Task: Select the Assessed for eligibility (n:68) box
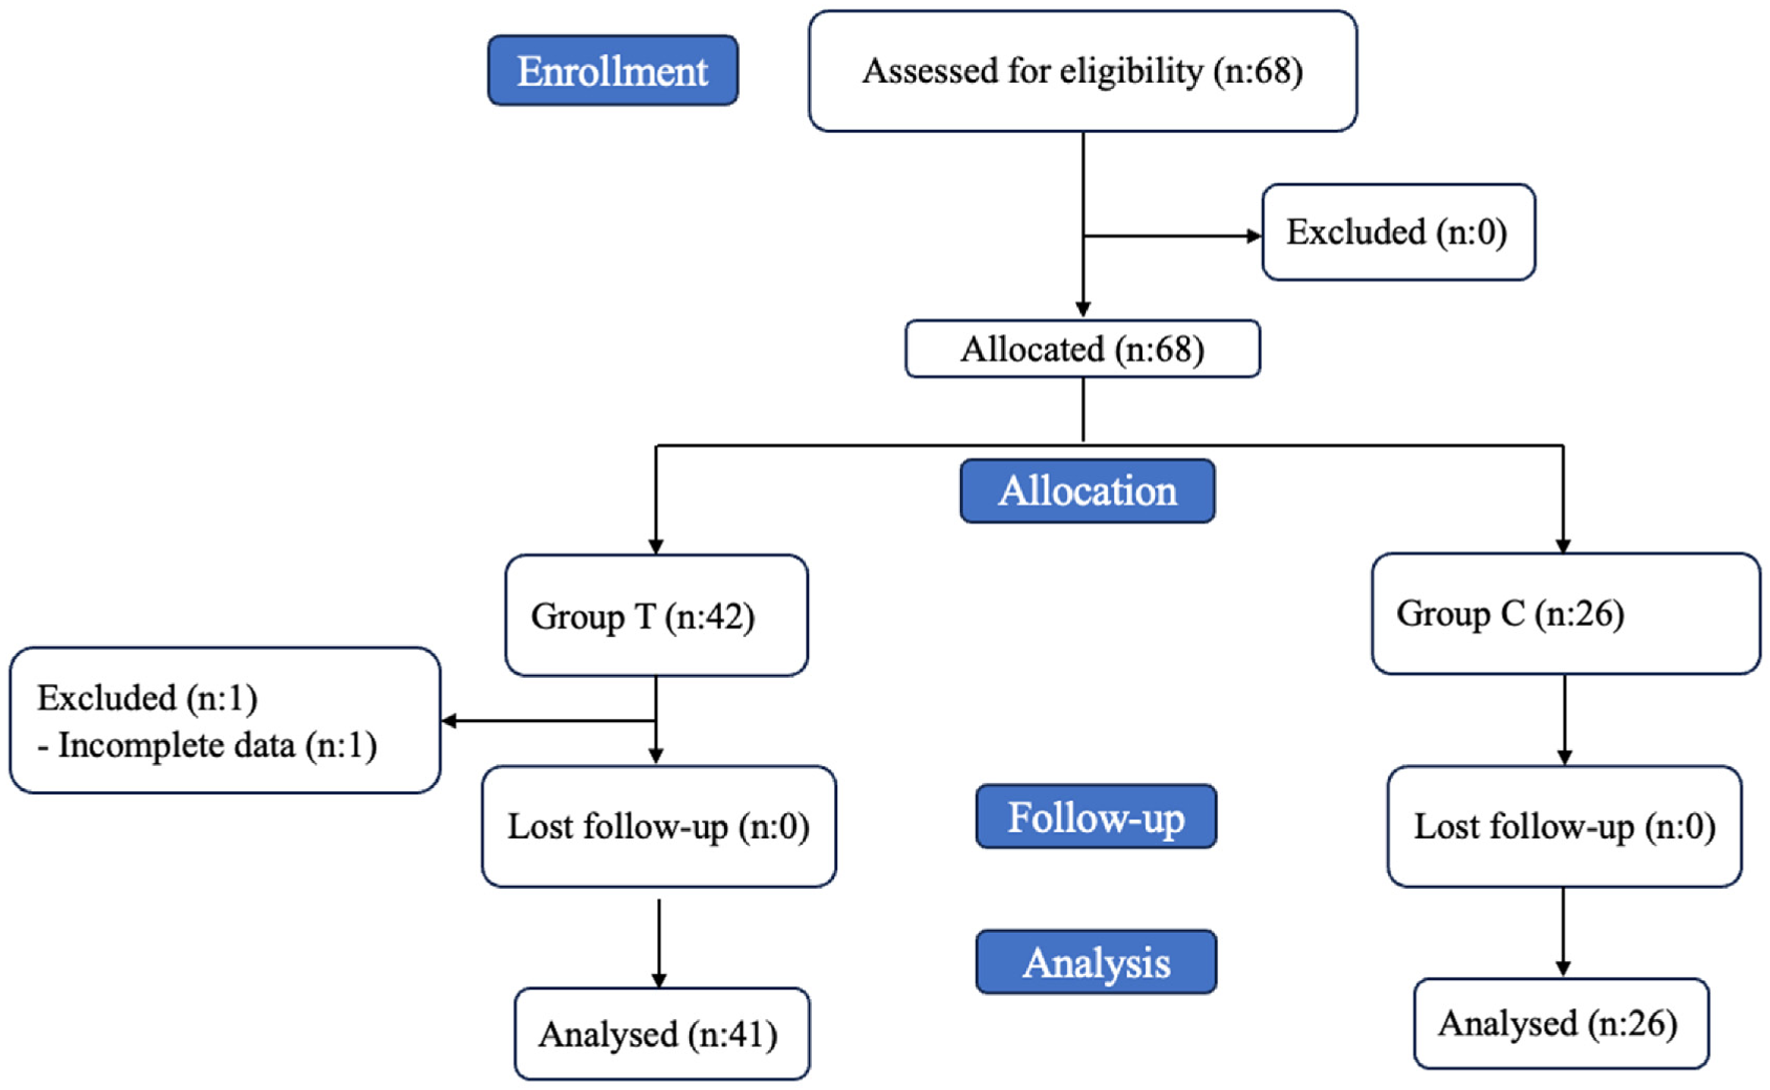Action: click(x=1082, y=71)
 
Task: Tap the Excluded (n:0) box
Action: click(x=1398, y=232)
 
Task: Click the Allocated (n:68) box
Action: click(x=1082, y=349)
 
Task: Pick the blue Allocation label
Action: click(x=1088, y=491)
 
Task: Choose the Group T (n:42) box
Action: click(x=657, y=615)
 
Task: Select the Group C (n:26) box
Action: click(x=1566, y=614)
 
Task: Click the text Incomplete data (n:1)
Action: click(x=218, y=745)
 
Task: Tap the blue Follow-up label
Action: click(x=1096, y=816)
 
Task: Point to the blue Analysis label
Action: click(x=1096, y=961)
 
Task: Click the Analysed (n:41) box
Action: click(x=662, y=1034)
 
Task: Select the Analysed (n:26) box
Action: click(x=1561, y=1024)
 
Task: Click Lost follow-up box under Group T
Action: click(x=659, y=826)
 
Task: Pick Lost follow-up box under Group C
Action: click(x=1564, y=826)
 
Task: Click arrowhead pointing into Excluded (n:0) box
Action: click(x=1254, y=236)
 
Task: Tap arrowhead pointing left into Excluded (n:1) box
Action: click(x=448, y=720)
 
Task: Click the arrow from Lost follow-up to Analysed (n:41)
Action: click(x=659, y=943)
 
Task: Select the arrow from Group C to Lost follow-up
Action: click(x=1564, y=720)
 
